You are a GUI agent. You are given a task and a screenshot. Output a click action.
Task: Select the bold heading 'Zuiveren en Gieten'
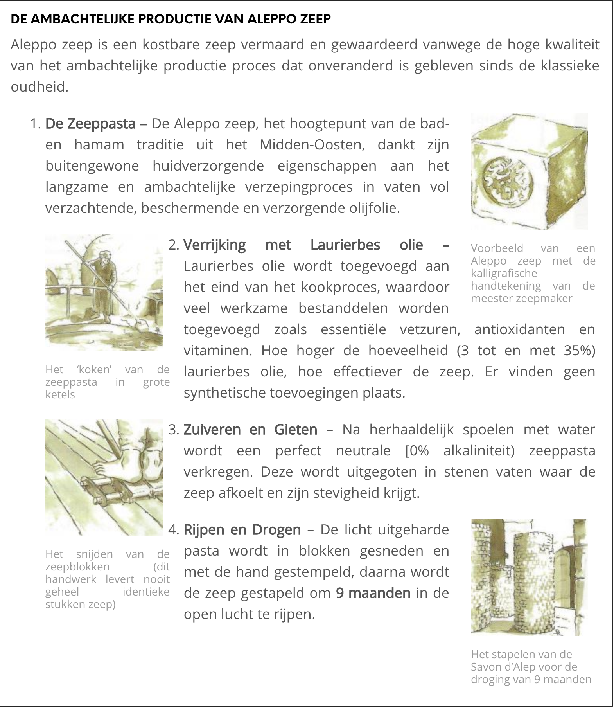coord(250,430)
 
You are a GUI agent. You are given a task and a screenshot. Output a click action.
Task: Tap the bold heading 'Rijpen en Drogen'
coord(242,530)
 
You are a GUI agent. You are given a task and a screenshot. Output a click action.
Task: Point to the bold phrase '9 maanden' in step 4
coord(373,593)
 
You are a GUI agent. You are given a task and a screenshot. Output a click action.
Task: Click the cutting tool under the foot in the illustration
coord(113,491)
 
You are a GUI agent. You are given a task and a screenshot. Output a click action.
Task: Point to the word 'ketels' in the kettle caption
coord(60,394)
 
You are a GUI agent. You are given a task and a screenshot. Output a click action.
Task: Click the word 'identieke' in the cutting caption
coord(146,592)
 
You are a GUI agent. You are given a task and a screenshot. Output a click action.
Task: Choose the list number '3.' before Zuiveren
coord(174,430)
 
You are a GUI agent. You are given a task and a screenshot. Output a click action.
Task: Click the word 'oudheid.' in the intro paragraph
coord(39,87)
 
